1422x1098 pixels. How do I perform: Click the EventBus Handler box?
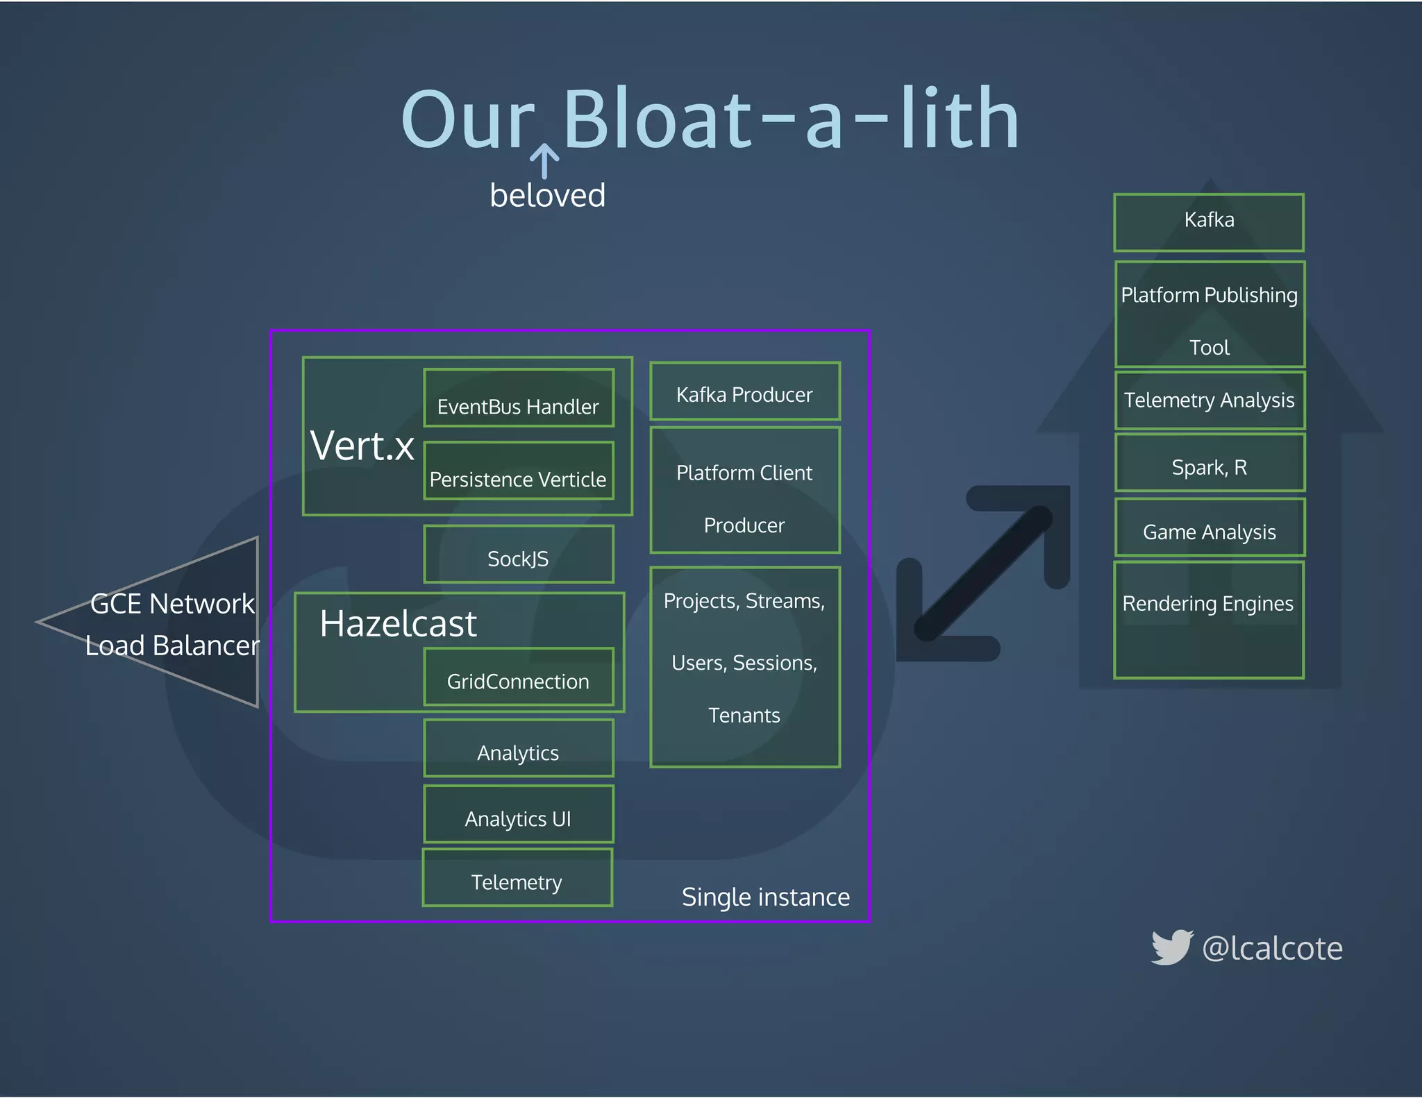click(519, 398)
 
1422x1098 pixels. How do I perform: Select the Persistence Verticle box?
click(519, 471)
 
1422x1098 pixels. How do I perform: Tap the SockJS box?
click(519, 554)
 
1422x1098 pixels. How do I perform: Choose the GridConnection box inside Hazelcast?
click(519, 677)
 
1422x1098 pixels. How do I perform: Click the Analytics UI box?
click(519, 814)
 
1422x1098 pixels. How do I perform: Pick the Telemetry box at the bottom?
click(517, 877)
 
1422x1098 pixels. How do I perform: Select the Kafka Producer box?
click(745, 391)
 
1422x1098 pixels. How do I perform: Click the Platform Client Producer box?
click(745, 490)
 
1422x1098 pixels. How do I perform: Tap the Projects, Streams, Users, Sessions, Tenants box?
click(745, 667)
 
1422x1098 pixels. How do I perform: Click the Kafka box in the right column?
click(1209, 222)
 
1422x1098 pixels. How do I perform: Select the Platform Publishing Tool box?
click(1210, 314)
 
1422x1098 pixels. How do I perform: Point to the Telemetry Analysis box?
click(1210, 400)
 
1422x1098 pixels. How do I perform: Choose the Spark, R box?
click(1210, 463)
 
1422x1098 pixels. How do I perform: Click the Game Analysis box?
click(1210, 527)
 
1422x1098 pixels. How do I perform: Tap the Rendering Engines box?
click(1209, 620)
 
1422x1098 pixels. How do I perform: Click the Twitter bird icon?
click(1172, 947)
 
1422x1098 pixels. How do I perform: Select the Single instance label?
click(766, 897)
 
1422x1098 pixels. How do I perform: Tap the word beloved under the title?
click(547, 195)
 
